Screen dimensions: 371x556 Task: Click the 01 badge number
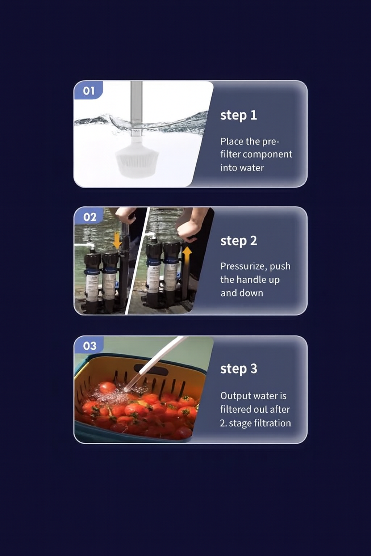coord(89,91)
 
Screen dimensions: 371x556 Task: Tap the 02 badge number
coord(90,217)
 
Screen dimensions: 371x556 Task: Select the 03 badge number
coord(90,346)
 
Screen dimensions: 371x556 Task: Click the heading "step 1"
coord(238,116)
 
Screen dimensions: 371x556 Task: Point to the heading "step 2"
coord(239,241)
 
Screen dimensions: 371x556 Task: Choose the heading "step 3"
coord(239,369)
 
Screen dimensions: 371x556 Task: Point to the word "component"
coord(267,155)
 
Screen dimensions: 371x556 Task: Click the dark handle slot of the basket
coord(151,369)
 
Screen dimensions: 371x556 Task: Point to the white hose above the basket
coord(155,363)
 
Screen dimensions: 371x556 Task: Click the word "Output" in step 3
coord(234,396)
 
